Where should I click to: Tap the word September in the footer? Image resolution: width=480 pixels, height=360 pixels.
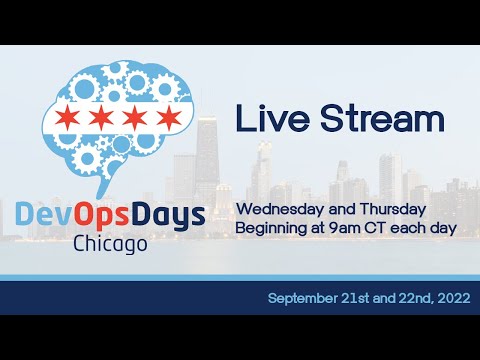(302, 299)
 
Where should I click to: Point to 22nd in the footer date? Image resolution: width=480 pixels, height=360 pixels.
(406, 299)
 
